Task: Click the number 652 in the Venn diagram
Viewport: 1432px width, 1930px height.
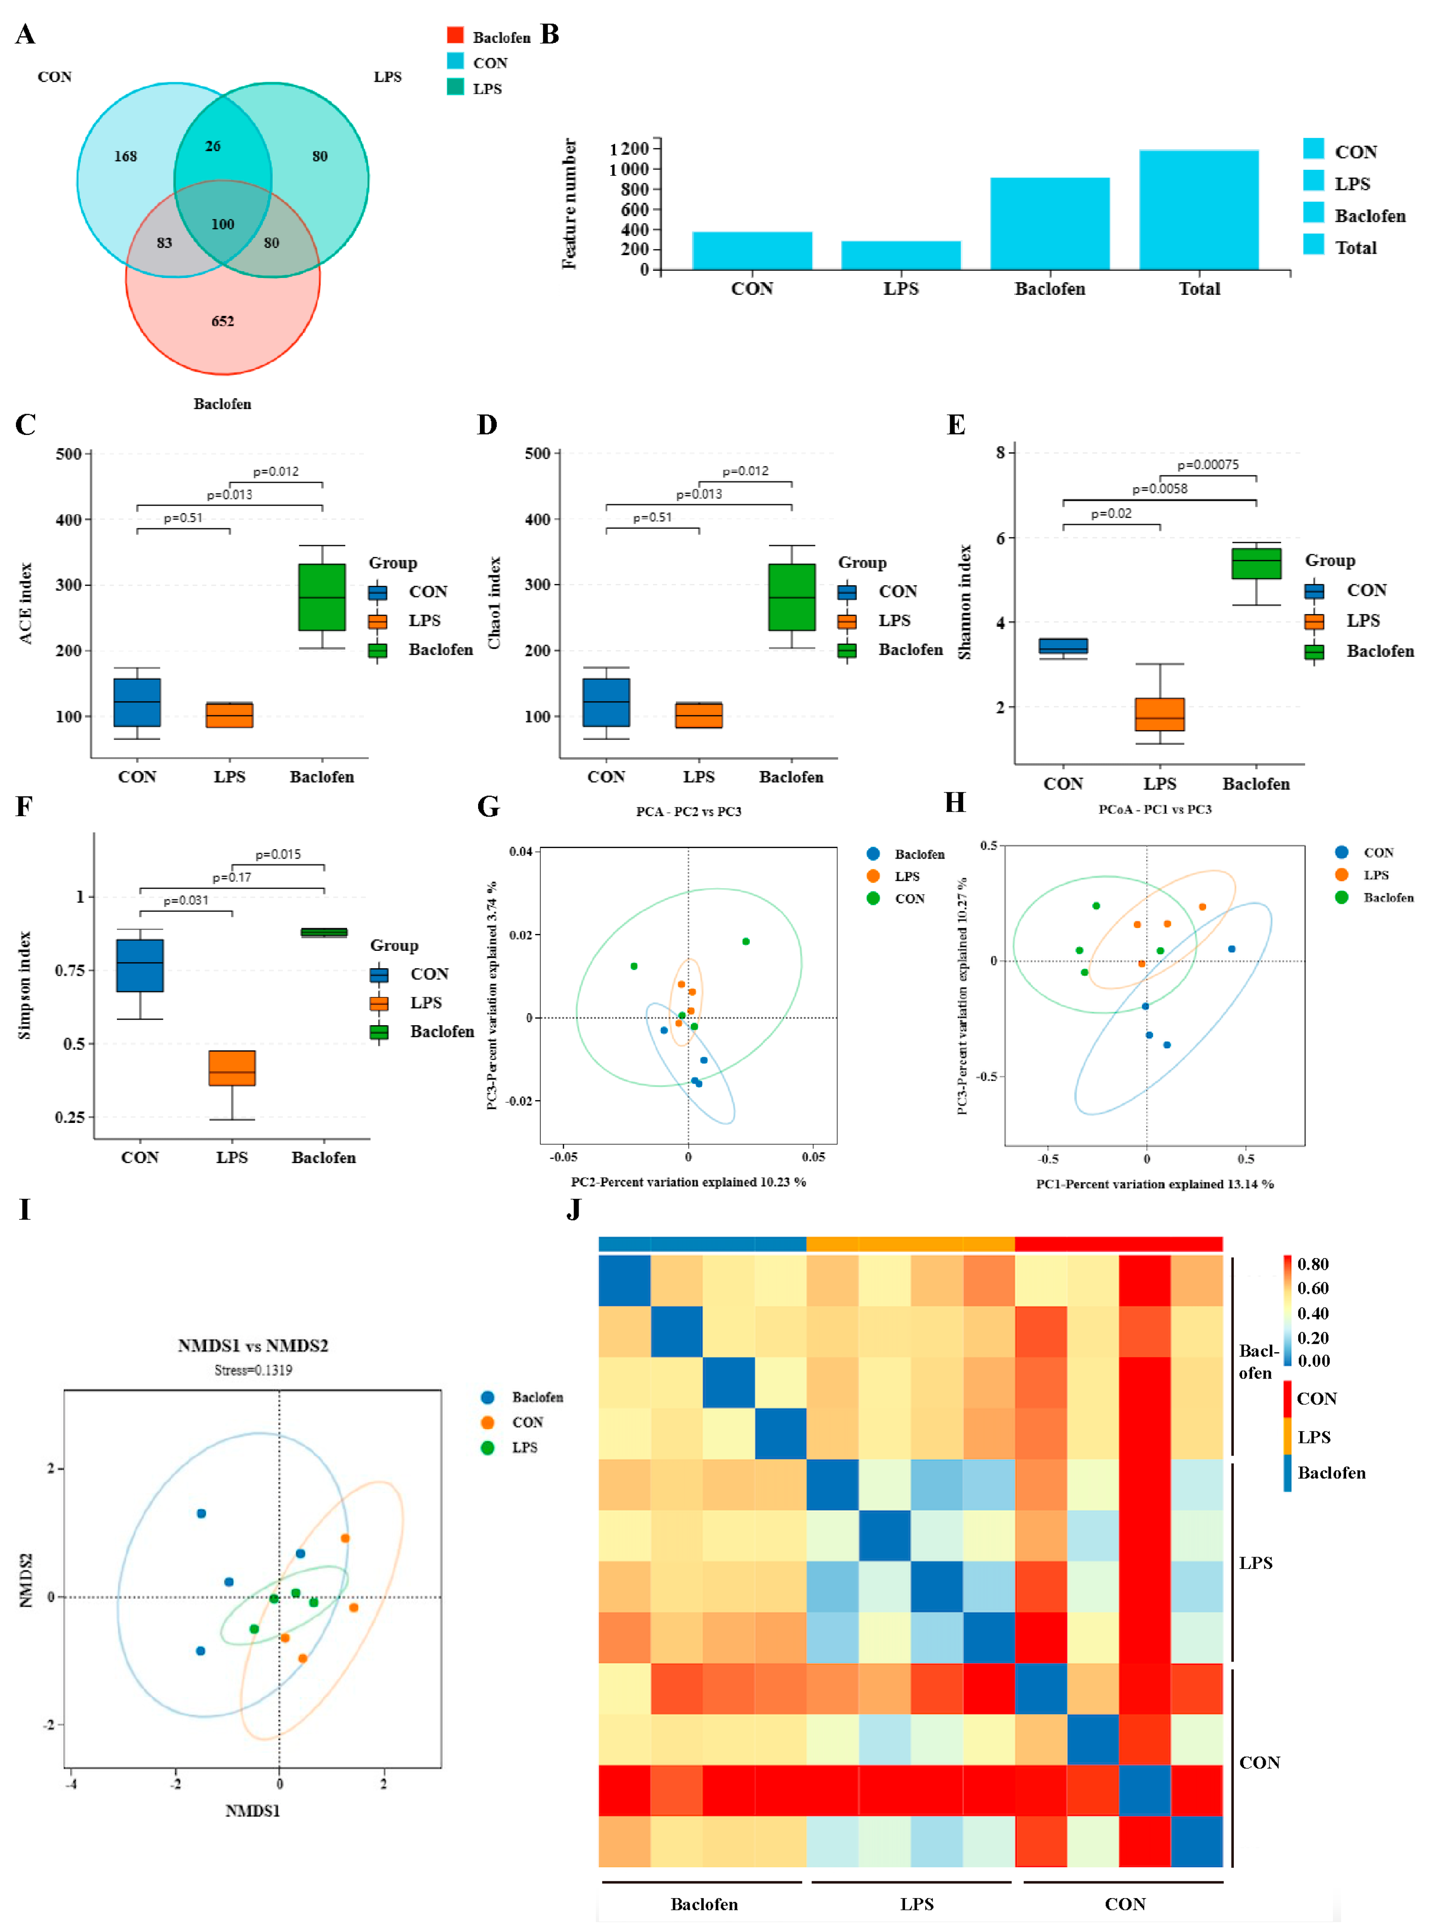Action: coord(223,321)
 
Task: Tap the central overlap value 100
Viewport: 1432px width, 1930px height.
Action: coord(223,225)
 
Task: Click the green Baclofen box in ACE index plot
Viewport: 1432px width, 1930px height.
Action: coord(321,597)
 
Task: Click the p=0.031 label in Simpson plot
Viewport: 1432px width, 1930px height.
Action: coord(186,901)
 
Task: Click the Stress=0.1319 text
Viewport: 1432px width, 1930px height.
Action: coord(253,1370)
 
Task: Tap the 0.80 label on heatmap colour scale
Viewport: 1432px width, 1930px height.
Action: coord(1312,1264)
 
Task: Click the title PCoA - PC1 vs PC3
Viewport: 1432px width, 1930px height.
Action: coord(1155,809)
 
